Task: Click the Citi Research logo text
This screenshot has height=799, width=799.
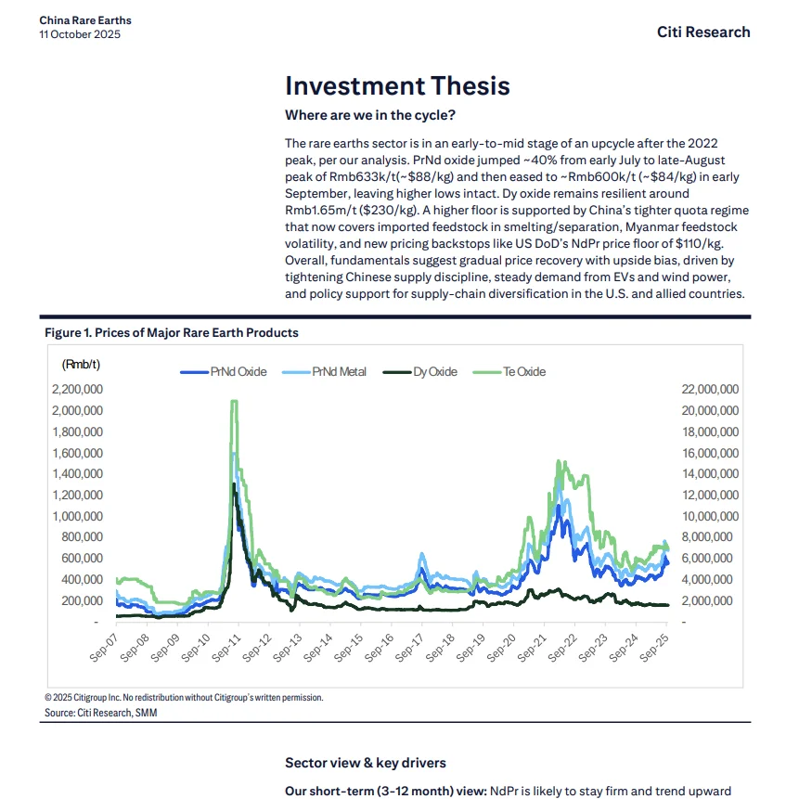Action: click(x=702, y=32)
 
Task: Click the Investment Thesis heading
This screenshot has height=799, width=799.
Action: click(x=397, y=85)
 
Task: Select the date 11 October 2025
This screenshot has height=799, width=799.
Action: click(x=80, y=34)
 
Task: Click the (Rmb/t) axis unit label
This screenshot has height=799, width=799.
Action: click(x=81, y=364)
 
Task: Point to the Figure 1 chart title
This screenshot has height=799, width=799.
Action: click(x=171, y=332)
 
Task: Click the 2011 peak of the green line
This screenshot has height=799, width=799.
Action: click(x=234, y=401)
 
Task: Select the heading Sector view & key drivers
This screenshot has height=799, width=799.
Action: click(x=365, y=762)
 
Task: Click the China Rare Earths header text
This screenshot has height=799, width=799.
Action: click(x=85, y=19)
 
